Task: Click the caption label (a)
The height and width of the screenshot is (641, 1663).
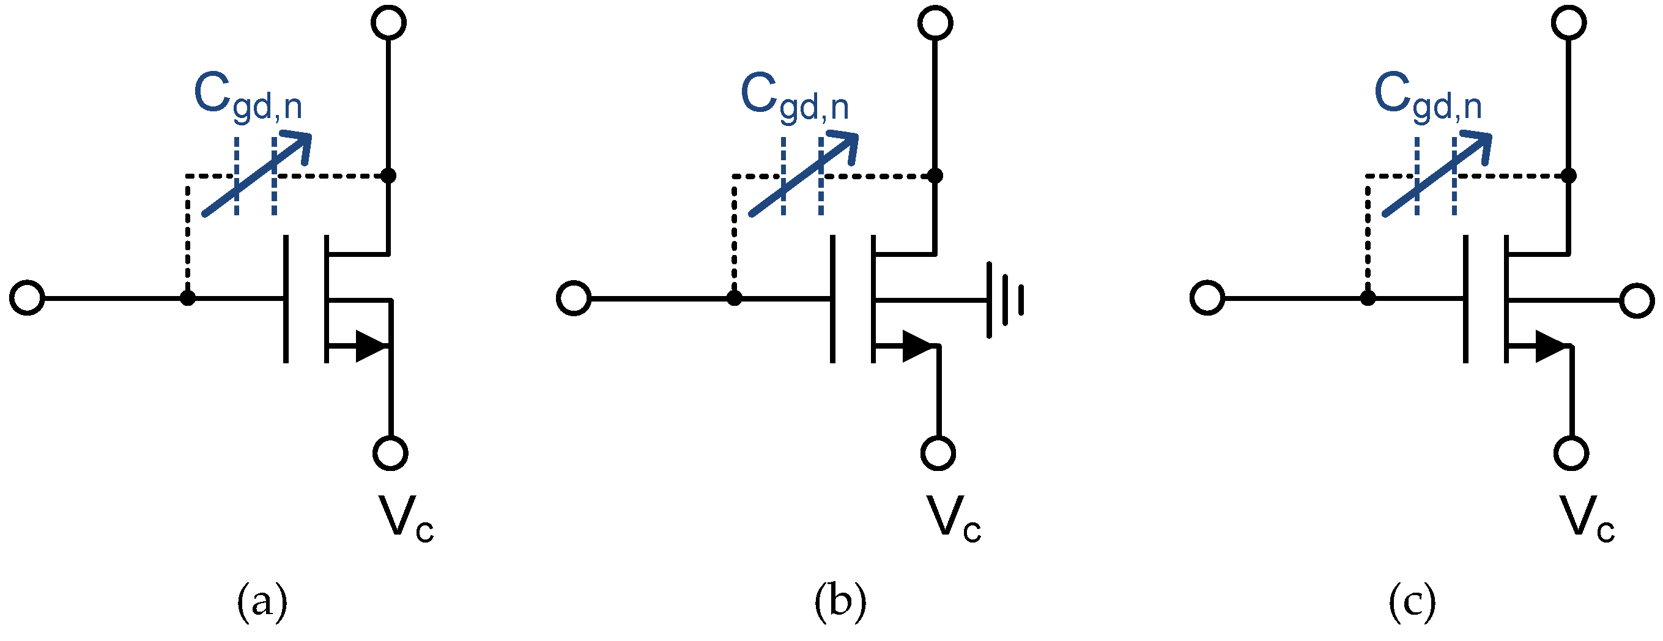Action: coord(262,602)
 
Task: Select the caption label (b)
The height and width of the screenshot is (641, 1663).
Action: coord(840,602)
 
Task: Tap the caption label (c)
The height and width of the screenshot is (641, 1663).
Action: coord(1412,602)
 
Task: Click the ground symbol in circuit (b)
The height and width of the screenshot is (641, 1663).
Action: coord(1004,300)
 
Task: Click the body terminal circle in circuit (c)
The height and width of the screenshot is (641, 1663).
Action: coord(1637,301)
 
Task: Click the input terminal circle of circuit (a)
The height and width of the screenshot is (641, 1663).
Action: coord(27,298)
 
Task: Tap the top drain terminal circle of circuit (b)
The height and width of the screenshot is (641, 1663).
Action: coord(935,23)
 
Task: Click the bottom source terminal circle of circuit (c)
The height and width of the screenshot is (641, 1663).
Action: coord(1571,453)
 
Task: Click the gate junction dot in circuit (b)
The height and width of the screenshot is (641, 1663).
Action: coord(734,298)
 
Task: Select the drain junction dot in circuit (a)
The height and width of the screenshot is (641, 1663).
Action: coord(388,175)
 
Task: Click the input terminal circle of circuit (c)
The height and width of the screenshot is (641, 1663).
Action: coord(1207,298)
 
